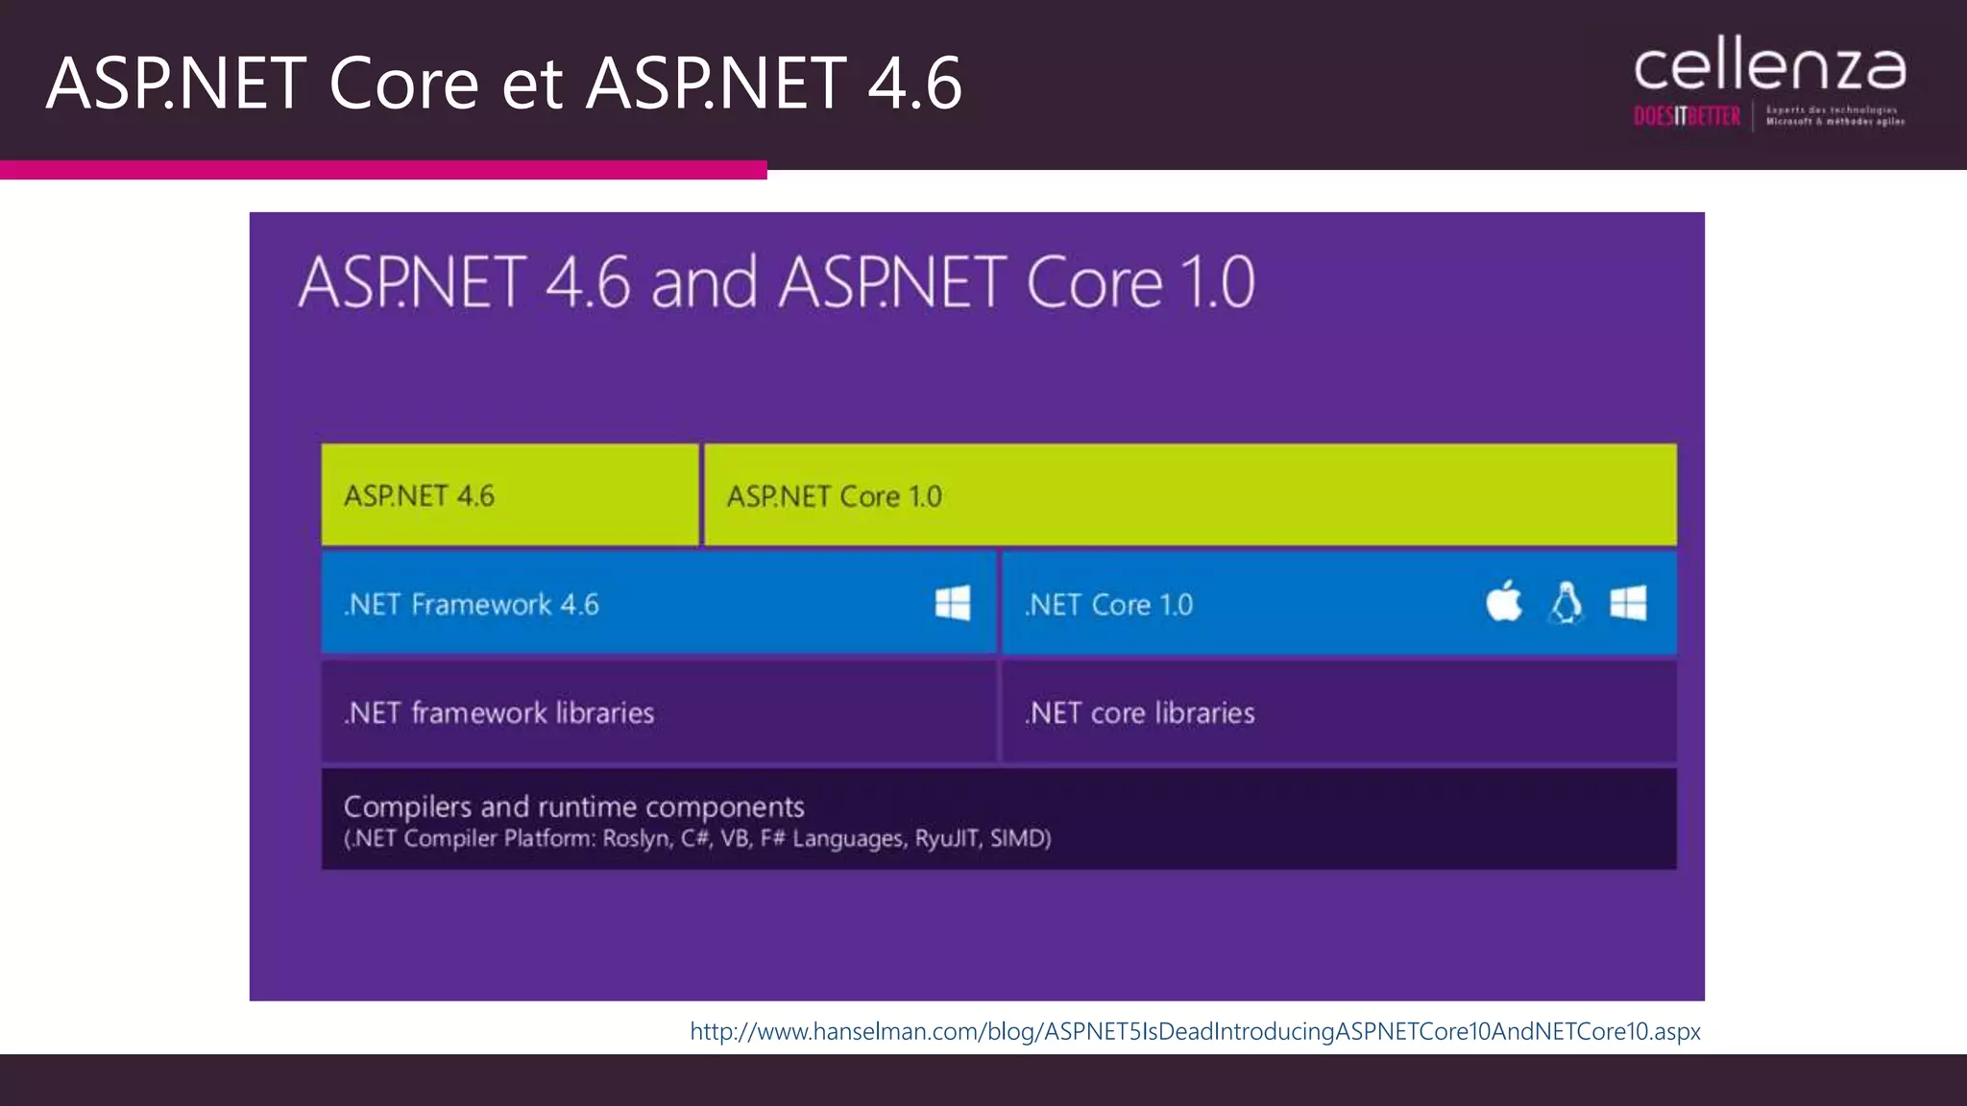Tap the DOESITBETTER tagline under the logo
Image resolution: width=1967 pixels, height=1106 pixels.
click(x=1687, y=117)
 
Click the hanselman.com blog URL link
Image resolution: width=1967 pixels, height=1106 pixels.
click(x=1195, y=1031)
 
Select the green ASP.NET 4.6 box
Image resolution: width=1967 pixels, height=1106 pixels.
click(x=509, y=495)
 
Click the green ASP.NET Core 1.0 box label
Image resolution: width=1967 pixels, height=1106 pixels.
click(x=834, y=496)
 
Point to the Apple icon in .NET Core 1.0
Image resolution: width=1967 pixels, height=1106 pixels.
click(x=1503, y=602)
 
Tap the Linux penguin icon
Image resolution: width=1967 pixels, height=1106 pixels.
click(x=1566, y=603)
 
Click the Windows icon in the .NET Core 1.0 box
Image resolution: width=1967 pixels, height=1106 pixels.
click(x=1628, y=603)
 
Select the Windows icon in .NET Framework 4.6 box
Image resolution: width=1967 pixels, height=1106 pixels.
click(x=952, y=603)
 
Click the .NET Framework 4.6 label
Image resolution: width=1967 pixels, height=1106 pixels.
click(x=472, y=605)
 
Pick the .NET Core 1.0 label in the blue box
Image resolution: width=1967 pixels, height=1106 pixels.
click(x=1108, y=605)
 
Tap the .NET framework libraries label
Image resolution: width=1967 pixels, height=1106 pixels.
click(x=499, y=713)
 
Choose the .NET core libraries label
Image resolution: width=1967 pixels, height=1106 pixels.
click(x=1139, y=713)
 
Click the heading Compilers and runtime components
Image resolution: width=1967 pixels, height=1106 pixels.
click(x=573, y=806)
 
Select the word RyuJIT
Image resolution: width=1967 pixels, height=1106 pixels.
click(x=946, y=838)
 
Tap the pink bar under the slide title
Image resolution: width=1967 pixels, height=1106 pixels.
click(x=383, y=170)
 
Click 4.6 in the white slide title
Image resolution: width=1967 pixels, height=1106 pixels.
click(x=913, y=83)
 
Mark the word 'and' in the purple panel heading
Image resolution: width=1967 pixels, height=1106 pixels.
click(x=704, y=282)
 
